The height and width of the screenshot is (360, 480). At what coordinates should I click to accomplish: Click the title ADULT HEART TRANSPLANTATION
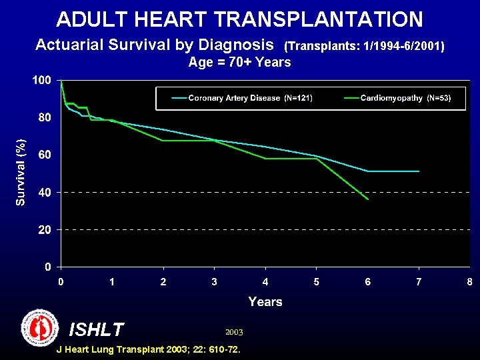pyautogui.click(x=239, y=19)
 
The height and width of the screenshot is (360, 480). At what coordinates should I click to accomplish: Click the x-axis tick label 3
pyautogui.click(x=214, y=282)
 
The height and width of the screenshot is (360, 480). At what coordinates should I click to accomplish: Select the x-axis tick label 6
pyautogui.click(x=367, y=282)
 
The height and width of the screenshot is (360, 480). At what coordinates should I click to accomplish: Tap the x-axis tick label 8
pyautogui.click(x=469, y=282)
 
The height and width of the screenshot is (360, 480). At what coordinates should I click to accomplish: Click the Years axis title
pyautogui.click(x=265, y=302)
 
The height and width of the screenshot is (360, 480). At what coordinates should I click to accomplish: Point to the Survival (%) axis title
pyautogui.click(x=21, y=172)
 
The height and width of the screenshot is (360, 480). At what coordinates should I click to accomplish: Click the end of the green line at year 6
pyautogui.click(x=367, y=199)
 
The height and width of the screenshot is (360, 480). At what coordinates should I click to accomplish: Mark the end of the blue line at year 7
pyautogui.click(x=419, y=171)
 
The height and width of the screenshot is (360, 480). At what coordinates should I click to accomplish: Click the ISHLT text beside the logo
pyautogui.click(x=97, y=329)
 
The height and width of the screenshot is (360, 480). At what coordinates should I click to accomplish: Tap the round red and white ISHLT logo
pyautogui.click(x=40, y=327)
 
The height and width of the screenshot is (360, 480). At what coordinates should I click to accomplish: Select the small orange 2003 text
pyautogui.click(x=234, y=331)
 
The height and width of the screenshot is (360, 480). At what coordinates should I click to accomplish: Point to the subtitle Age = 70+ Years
pyautogui.click(x=239, y=63)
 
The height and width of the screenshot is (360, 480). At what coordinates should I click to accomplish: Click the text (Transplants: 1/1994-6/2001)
pyautogui.click(x=364, y=47)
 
